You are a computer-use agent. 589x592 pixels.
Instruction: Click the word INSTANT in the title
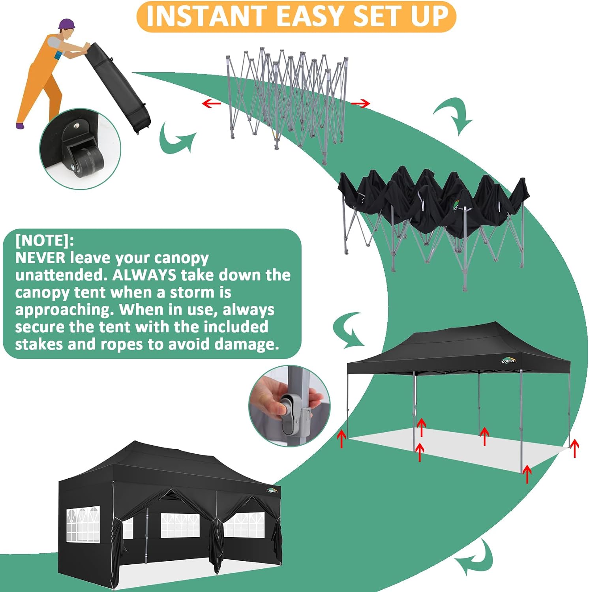[x=206, y=16]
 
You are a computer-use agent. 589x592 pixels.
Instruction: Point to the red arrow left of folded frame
[x=211, y=103]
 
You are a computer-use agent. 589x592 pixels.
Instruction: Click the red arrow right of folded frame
[x=360, y=103]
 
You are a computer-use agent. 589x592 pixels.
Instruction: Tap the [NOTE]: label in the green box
[x=45, y=240]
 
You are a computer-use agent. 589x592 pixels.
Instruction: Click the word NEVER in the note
[x=40, y=258]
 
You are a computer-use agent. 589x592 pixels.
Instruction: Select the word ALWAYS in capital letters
[x=144, y=275]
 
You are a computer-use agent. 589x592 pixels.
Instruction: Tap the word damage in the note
[x=247, y=344]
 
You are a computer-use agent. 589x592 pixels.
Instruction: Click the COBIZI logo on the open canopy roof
[x=508, y=360]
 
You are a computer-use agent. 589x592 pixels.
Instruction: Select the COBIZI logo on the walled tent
[x=272, y=491]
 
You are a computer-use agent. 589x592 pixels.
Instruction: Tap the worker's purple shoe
[x=20, y=126]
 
